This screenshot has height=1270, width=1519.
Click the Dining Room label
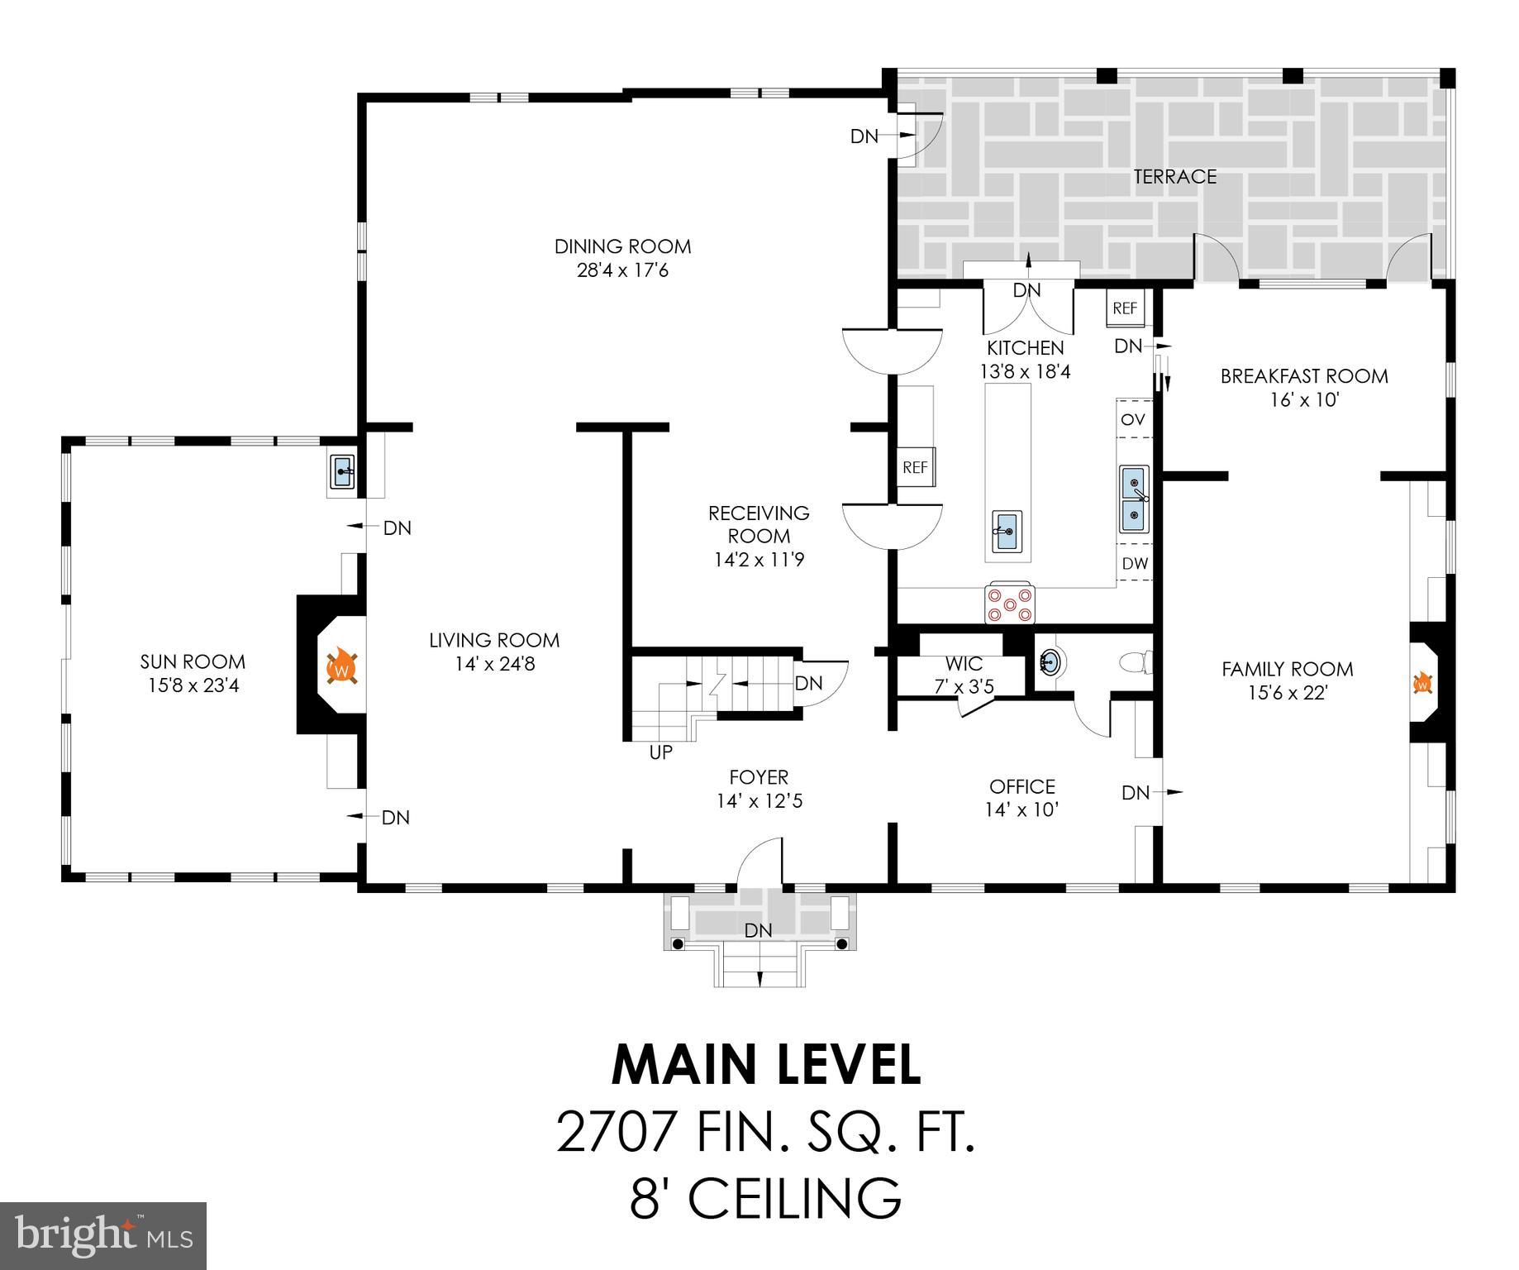click(x=622, y=246)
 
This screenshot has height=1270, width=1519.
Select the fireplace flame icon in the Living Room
click(x=341, y=666)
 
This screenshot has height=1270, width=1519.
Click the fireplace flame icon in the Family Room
click(x=1422, y=684)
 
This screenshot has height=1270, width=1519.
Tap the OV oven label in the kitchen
click(x=1133, y=420)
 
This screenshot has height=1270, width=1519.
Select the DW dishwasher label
click(x=1135, y=564)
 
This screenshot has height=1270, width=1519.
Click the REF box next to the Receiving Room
click(x=915, y=467)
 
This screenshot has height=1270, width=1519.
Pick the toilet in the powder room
click(x=1136, y=662)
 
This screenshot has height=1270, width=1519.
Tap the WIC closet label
click(x=964, y=664)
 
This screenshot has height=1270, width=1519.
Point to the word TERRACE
click(x=1174, y=177)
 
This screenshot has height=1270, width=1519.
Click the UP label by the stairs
click(x=661, y=752)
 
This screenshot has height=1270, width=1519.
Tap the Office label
click(x=1022, y=786)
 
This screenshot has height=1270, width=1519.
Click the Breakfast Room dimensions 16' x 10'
click(x=1303, y=400)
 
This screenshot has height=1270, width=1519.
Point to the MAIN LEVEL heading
click(x=765, y=1066)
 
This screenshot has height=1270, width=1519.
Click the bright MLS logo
click(x=103, y=1236)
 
